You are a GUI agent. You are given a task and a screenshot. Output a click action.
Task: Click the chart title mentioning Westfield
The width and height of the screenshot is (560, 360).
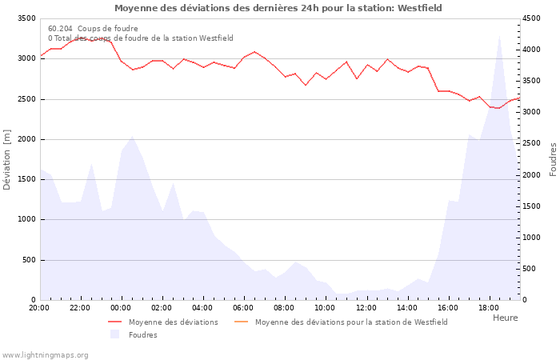click(278, 8)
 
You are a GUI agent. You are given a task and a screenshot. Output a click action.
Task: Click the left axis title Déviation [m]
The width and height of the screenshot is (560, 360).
click(7, 160)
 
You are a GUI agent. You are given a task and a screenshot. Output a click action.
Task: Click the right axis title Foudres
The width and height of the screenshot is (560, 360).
click(553, 159)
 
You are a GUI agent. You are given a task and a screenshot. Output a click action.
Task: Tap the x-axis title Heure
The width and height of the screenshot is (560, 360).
click(505, 318)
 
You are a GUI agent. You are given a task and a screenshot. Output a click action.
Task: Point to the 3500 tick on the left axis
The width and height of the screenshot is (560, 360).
click(26, 18)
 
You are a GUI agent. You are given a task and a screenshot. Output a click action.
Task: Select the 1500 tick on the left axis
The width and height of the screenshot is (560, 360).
click(26, 179)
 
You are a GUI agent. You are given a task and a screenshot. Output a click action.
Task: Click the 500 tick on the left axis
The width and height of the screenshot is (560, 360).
click(28, 260)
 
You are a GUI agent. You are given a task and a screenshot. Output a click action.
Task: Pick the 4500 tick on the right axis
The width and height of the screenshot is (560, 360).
click(531, 18)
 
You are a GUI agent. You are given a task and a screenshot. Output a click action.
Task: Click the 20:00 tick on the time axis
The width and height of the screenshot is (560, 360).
click(39, 307)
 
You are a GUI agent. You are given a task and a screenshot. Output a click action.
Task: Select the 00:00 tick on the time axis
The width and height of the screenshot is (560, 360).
click(121, 307)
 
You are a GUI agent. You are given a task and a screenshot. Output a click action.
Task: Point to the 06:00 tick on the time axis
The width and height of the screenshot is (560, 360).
click(243, 307)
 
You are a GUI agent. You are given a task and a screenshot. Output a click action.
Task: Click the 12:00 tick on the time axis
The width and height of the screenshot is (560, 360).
click(366, 307)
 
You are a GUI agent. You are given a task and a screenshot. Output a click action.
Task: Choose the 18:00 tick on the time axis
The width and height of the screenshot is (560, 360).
click(488, 307)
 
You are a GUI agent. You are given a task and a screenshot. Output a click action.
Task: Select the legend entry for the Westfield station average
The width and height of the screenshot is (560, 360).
click(351, 322)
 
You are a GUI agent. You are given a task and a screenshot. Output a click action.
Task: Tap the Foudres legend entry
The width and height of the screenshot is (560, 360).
click(142, 335)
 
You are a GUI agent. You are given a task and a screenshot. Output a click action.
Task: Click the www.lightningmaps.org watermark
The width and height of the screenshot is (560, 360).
click(46, 355)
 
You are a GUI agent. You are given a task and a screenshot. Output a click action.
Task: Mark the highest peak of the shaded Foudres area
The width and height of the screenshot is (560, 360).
click(500, 34)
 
